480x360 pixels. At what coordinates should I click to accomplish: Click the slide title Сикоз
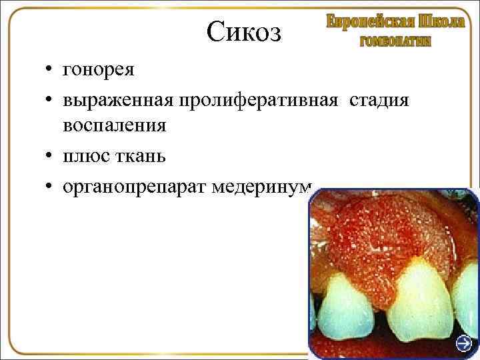click(x=244, y=31)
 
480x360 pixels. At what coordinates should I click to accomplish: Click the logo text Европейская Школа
click(x=395, y=23)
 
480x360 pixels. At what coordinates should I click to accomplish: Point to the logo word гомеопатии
click(x=395, y=41)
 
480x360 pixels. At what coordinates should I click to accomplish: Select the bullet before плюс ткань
click(x=50, y=157)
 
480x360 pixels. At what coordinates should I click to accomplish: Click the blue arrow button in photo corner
click(x=463, y=343)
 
